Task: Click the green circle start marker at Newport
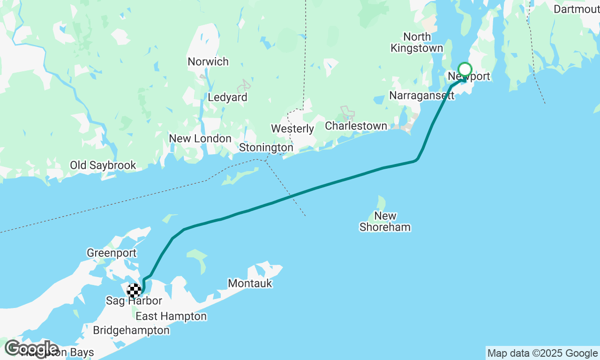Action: click(x=465, y=69)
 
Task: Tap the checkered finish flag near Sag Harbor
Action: click(x=134, y=291)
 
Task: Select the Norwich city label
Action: click(x=208, y=61)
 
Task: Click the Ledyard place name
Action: click(x=227, y=97)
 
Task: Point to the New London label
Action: click(x=200, y=139)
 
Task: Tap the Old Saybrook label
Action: click(x=103, y=165)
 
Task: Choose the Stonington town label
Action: click(x=266, y=148)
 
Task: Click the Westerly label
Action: click(x=292, y=128)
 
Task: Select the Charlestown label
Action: click(x=356, y=126)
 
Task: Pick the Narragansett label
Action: click(x=422, y=96)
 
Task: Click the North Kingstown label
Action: click(x=417, y=43)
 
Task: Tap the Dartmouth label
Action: click(x=576, y=9)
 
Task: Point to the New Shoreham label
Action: click(x=385, y=222)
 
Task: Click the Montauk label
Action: click(x=250, y=283)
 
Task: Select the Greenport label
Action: click(x=112, y=253)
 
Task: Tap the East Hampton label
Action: click(x=171, y=316)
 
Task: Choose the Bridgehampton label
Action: click(x=131, y=330)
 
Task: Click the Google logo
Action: click(x=31, y=348)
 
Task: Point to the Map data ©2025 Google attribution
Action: click(x=542, y=353)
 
